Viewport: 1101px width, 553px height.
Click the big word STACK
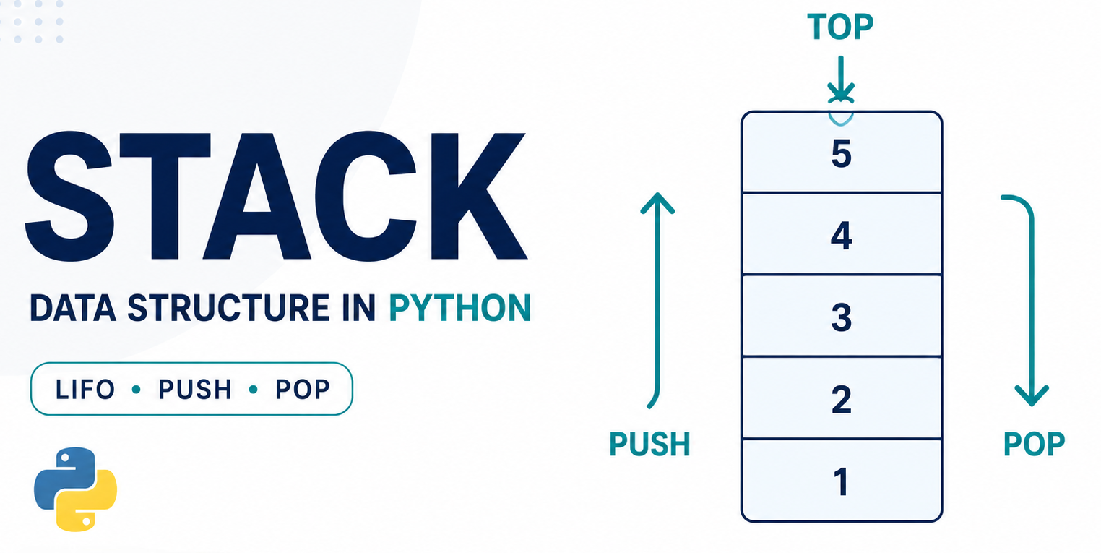point(276,196)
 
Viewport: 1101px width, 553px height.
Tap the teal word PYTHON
point(460,309)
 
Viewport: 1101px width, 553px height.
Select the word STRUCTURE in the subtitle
point(228,309)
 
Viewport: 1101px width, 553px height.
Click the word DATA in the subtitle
point(73,309)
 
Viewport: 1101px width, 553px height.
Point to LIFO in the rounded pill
point(85,390)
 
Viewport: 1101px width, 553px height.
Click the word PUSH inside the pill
point(195,390)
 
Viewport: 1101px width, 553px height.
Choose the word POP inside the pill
point(302,390)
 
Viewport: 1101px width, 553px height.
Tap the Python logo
point(75,489)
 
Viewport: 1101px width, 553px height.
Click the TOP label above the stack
point(840,27)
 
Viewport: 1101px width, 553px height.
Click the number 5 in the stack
point(841,154)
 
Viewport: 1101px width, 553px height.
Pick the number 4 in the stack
point(841,236)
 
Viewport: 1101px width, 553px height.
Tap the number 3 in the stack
point(841,317)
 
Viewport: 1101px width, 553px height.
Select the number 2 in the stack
point(841,399)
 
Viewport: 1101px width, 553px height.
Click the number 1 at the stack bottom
point(841,481)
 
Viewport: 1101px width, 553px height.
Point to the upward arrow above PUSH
point(657,300)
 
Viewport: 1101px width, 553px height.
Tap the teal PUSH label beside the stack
point(649,444)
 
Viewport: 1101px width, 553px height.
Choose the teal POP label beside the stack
point(1034,444)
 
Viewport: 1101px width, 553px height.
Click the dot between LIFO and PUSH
point(137,390)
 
